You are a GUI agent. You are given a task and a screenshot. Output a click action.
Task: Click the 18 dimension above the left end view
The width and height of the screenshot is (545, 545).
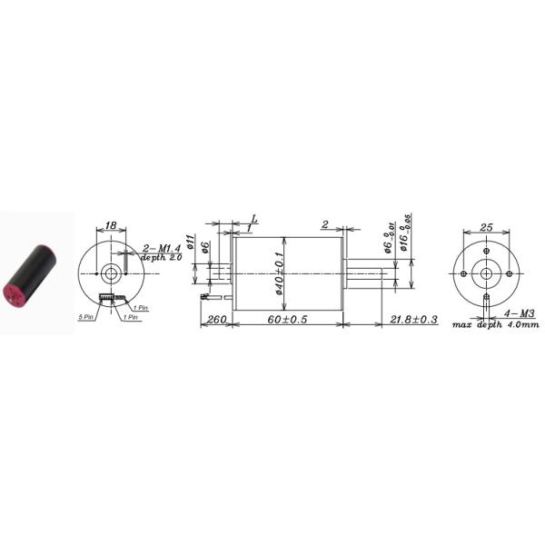point(111,224)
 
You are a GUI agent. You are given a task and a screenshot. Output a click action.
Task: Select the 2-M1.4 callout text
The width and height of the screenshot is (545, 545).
point(163,247)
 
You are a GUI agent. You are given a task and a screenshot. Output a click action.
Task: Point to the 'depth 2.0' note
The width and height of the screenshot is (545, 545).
point(161,258)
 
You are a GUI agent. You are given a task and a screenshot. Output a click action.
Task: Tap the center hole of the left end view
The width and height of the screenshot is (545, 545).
point(111,271)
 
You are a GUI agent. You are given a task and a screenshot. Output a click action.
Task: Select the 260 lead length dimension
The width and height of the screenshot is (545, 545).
point(216,321)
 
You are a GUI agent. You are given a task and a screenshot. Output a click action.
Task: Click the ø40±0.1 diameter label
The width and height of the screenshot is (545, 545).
point(280,272)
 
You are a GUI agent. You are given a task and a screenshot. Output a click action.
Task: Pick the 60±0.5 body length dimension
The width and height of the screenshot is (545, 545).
point(288,321)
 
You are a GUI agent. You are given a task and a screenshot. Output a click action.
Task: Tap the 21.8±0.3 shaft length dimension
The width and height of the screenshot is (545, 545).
point(413,321)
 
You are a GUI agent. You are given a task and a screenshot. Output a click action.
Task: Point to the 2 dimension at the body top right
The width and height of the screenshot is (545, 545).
point(324,224)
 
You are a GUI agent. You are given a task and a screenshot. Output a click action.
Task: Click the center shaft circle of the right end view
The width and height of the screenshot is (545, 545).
point(486,273)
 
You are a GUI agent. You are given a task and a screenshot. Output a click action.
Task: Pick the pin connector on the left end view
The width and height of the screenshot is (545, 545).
point(110,301)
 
